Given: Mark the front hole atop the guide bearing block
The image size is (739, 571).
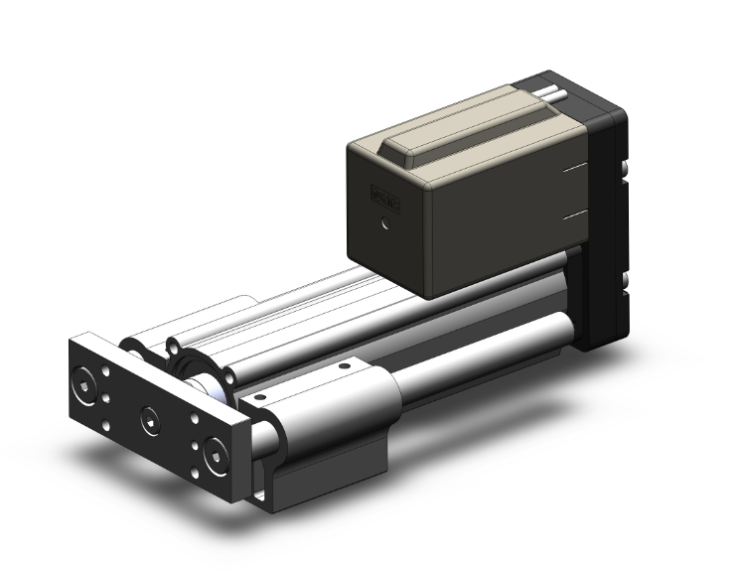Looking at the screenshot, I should pyautogui.click(x=261, y=396).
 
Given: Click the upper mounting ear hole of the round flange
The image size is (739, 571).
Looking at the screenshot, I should pyautogui.click(x=175, y=349).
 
